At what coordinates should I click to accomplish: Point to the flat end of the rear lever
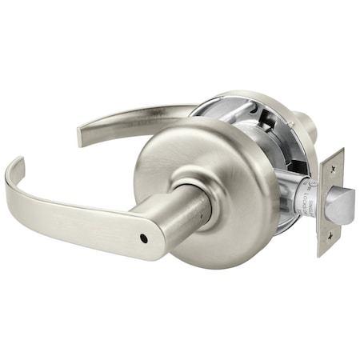coord(82,134)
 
